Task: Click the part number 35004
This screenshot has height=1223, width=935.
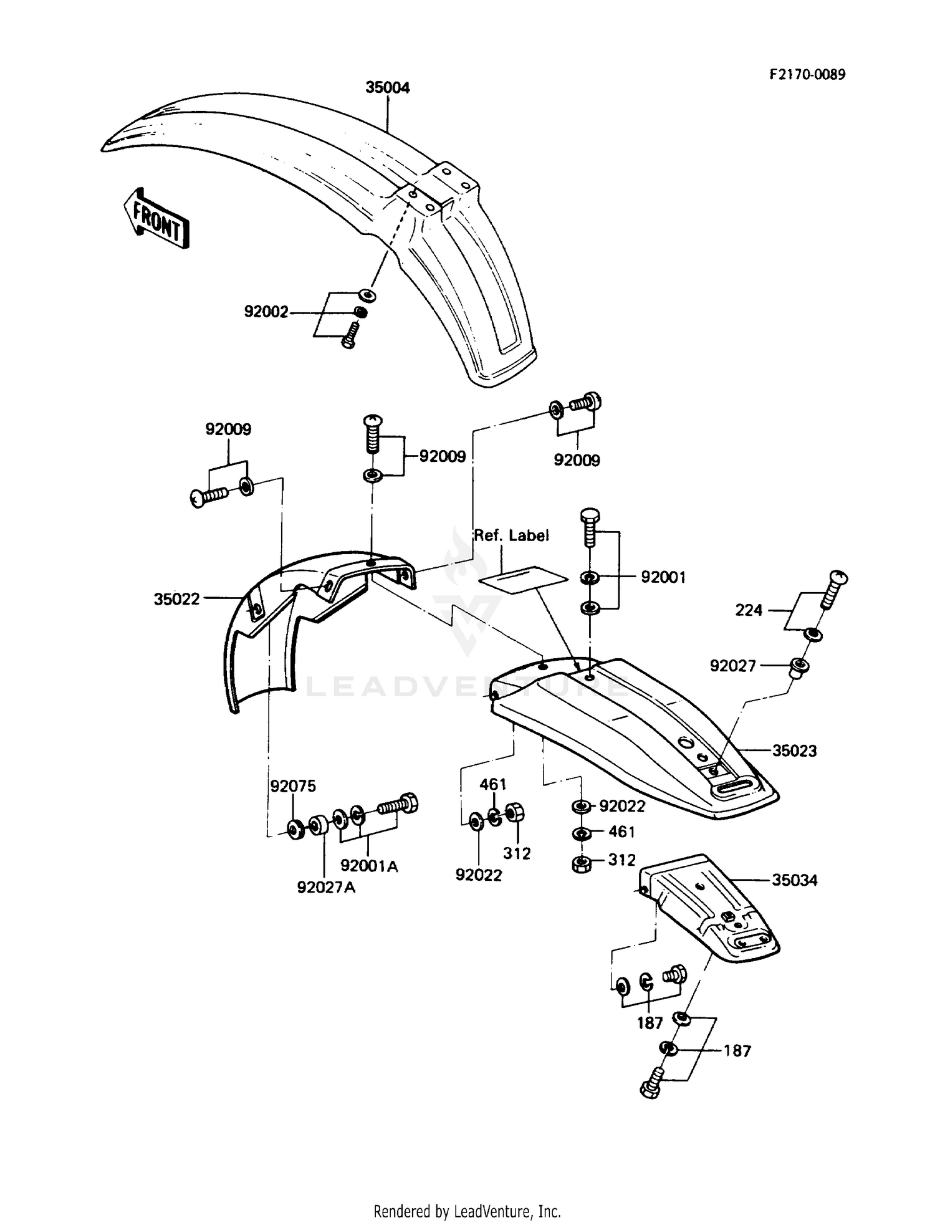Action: (387, 88)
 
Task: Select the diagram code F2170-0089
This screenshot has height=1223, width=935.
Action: (807, 75)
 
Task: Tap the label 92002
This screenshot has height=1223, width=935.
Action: (266, 312)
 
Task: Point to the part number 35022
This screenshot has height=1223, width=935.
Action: (176, 599)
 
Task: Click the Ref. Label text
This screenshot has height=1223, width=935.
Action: (511, 535)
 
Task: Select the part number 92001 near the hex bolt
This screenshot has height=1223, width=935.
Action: (663, 578)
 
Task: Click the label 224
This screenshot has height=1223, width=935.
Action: (749, 610)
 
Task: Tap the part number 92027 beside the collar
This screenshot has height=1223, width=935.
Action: (732, 666)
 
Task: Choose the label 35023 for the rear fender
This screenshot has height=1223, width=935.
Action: (794, 751)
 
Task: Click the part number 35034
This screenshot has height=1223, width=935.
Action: (794, 880)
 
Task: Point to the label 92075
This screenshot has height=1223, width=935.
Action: (292, 786)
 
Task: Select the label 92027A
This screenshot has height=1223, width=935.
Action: (326, 888)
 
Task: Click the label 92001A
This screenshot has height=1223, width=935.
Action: (369, 866)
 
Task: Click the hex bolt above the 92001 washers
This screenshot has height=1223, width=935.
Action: (588, 525)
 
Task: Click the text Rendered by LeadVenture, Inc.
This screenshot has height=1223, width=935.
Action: (467, 1211)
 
